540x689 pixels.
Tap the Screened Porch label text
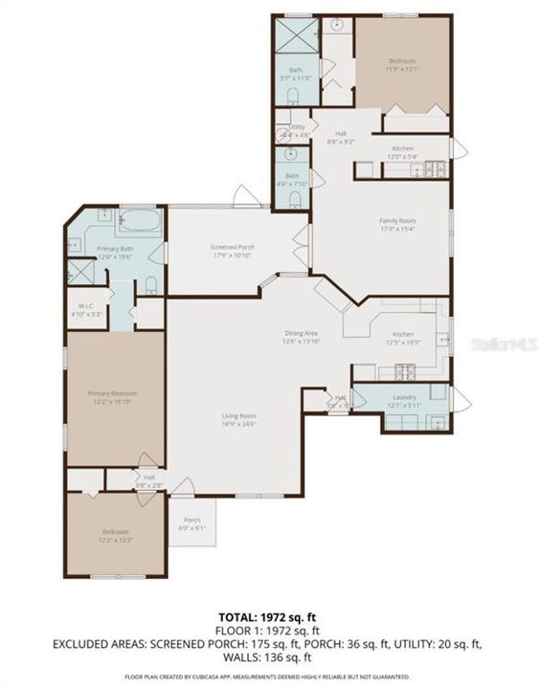(231, 251)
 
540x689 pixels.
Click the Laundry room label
(403, 399)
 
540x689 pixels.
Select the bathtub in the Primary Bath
(140, 222)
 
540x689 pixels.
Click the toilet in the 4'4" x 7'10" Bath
(295, 198)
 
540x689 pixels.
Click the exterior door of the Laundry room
(461, 400)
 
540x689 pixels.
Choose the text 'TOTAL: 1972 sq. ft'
(269, 617)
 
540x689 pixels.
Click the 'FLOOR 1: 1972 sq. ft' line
(269, 631)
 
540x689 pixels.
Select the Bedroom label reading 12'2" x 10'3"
(115, 536)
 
